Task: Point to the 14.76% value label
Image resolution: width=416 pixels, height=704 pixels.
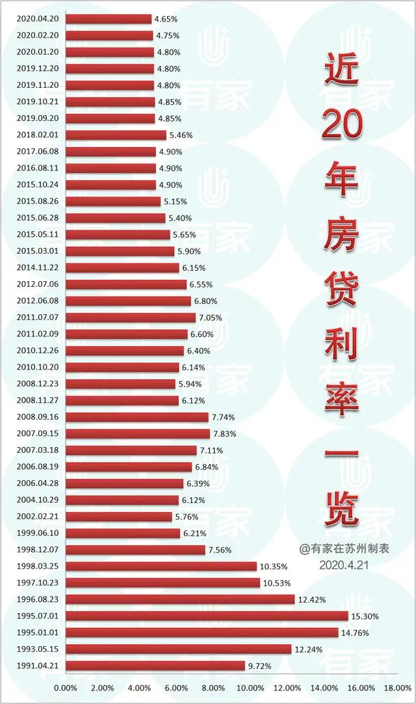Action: pos(356,632)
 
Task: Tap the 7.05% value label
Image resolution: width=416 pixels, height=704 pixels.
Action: pos(210,318)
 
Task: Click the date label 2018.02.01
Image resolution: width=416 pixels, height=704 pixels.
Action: pos(38,135)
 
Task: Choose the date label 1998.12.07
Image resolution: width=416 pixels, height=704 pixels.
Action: pos(38,550)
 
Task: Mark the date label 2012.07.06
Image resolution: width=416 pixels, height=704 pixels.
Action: pos(38,284)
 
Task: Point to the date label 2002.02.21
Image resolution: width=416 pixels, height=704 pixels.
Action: pos(38,517)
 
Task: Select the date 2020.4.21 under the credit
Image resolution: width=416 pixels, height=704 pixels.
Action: pos(344,565)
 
